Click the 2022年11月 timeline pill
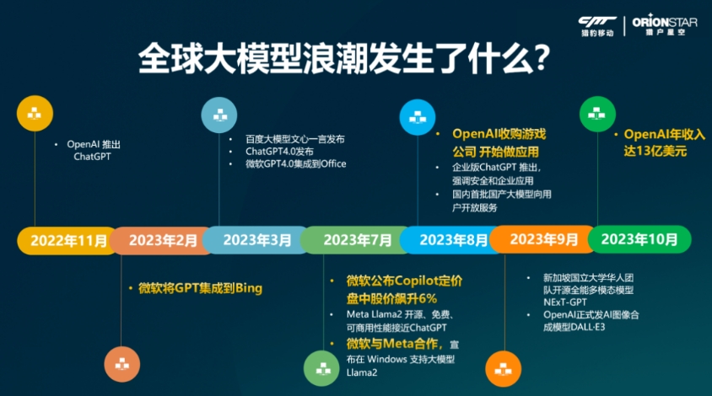(68, 240)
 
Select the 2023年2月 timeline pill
(161, 240)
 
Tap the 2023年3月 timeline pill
(256, 240)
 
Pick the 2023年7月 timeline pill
(357, 240)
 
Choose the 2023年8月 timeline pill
(452, 240)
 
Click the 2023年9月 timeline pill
(543, 239)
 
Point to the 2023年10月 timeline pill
(639, 239)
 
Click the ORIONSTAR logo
(664, 25)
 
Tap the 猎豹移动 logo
(597, 26)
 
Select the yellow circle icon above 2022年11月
(35, 114)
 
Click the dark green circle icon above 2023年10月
(597, 115)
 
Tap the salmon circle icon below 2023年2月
(121, 364)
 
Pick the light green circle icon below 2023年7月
(321, 368)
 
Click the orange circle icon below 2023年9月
(503, 369)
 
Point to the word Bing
(249, 288)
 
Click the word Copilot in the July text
(412, 281)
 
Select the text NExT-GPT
(565, 302)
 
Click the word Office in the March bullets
(333, 163)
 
